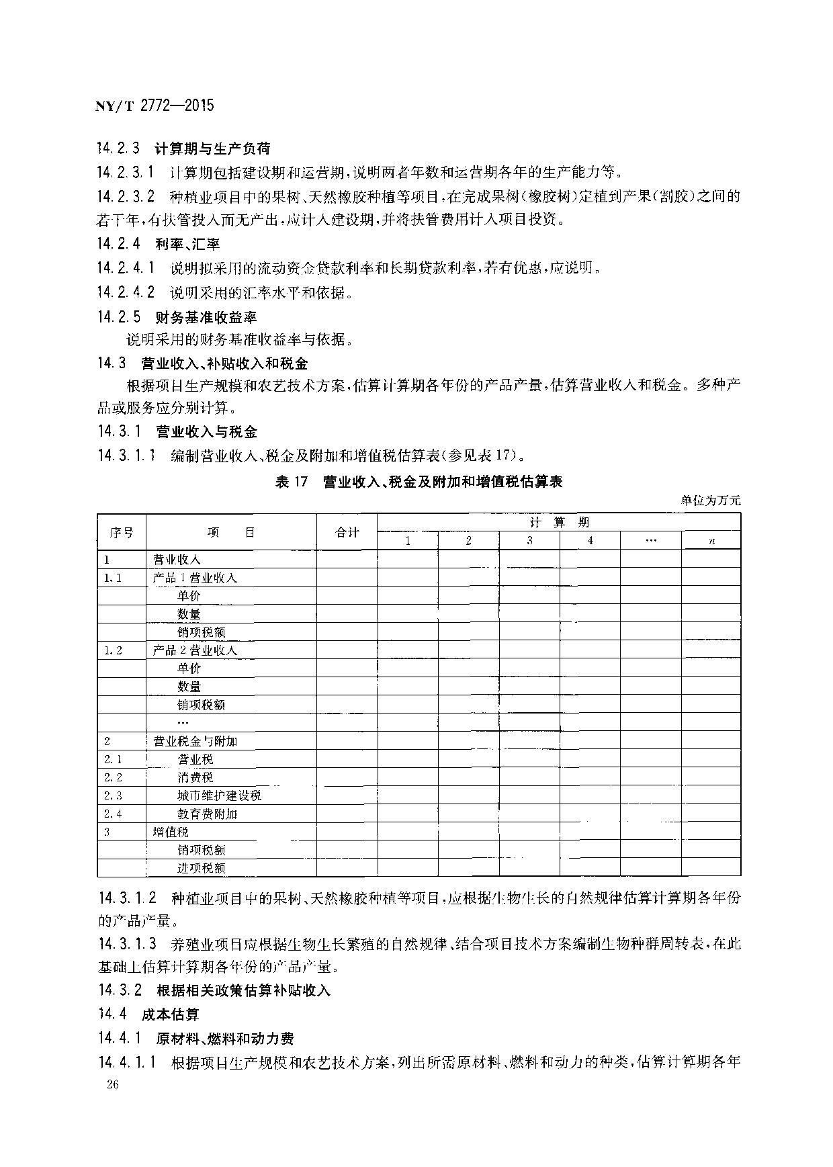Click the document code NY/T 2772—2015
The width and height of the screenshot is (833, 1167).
click(155, 105)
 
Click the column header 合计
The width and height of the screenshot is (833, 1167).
click(347, 532)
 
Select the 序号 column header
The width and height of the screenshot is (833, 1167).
click(122, 532)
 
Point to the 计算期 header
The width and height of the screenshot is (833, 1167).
click(559, 522)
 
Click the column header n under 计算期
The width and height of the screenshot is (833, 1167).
click(711, 541)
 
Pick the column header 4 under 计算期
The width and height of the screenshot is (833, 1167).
click(590, 541)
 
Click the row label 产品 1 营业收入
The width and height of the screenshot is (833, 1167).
click(195, 578)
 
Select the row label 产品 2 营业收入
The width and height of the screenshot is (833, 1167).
click(195, 650)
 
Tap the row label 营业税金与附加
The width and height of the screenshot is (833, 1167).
click(195, 741)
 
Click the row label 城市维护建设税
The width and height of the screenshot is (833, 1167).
click(219, 795)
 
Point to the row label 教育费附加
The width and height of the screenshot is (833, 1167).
click(207, 814)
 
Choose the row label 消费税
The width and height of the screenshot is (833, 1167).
click(195, 777)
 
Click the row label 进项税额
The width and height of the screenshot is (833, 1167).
click(201, 868)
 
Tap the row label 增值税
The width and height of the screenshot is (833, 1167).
click(171, 832)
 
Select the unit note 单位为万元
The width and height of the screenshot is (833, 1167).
click(711, 500)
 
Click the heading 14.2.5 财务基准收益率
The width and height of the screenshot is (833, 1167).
click(177, 317)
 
